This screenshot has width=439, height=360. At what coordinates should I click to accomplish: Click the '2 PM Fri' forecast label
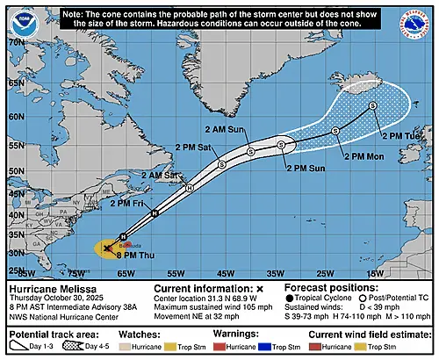tap(130, 203)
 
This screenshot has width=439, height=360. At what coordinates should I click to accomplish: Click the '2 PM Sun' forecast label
tap(308, 166)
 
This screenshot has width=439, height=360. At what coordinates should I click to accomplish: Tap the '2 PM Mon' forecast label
tap(362, 155)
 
